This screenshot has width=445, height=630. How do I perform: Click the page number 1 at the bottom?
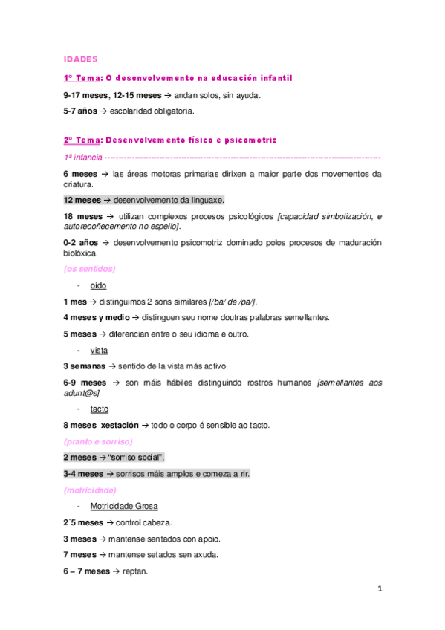[x=380, y=588]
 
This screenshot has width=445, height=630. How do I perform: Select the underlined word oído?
[x=98, y=285]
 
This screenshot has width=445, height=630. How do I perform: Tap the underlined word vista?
[x=98, y=350]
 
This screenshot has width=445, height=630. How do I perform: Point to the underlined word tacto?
[x=99, y=409]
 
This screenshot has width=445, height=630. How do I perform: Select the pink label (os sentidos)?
[x=89, y=269]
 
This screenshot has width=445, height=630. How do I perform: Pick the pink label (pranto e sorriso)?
[x=98, y=441]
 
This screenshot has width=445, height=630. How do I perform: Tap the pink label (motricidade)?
[x=90, y=490]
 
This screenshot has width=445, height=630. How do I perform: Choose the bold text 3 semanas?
[x=85, y=366]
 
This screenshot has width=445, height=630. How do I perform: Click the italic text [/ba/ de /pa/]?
[x=233, y=302]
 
